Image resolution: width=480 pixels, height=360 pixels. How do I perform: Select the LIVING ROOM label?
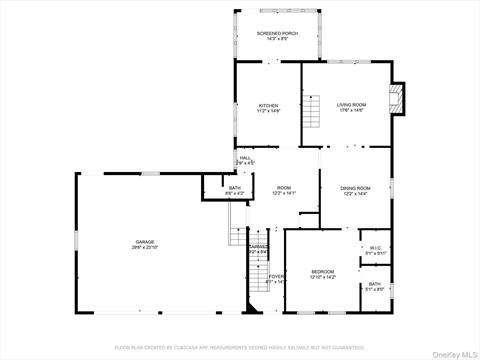pyautogui.click(x=350, y=104)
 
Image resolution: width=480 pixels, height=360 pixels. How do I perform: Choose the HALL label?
pyautogui.click(x=245, y=157)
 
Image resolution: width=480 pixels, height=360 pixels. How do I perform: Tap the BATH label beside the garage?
pyautogui.click(x=234, y=187)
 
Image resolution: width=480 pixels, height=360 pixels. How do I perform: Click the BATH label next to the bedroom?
pyautogui.click(x=373, y=284)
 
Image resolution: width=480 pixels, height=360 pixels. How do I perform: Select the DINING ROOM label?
pyautogui.click(x=356, y=188)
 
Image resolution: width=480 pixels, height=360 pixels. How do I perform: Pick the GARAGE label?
pyautogui.click(x=146, y=242)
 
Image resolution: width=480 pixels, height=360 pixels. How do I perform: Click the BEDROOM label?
pyautogui.click(x=322, y=271)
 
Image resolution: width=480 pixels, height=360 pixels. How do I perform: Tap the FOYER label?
pyautogui.click(x=276, y=276)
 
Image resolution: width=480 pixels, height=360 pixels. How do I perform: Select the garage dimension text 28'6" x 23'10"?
pyautogui.click(x=146, y=248)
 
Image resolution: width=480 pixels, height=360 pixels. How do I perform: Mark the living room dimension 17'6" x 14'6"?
pyautogui.click(x=350, y=110)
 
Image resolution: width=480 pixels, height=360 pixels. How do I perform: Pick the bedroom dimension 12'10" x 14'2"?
pyautogui.click(x=322, y=277)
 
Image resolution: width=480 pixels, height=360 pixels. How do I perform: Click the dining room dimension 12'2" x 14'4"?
pyautogui.click(x=356, y=194)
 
